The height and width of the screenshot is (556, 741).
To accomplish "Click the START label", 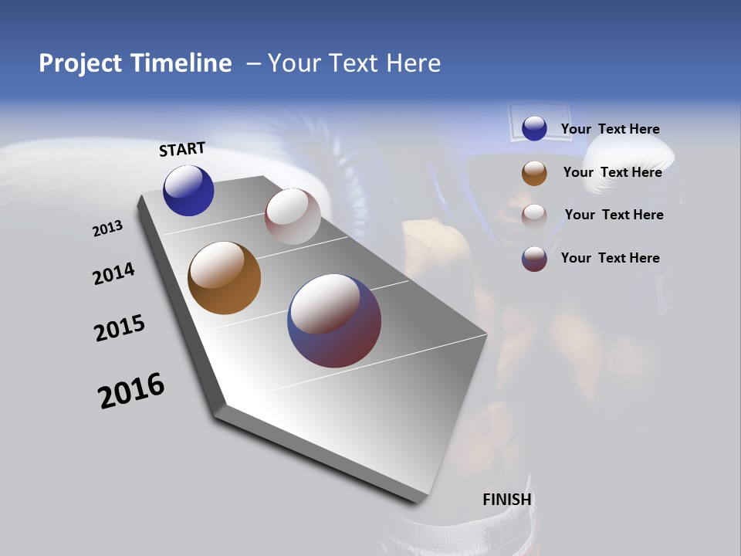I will tap(182, 149).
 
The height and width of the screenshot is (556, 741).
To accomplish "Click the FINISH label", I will tap(506, 500).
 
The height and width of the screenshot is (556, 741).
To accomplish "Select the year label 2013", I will tap(107, 229).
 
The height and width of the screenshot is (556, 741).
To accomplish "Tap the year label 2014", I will tap(113, 273).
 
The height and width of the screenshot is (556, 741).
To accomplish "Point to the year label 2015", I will tap(120, 328).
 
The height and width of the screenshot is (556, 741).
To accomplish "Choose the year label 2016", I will tap(131, 391).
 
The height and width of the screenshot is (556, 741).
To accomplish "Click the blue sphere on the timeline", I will tap(188, 190).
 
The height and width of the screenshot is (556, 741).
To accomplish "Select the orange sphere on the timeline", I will tap(224, 278).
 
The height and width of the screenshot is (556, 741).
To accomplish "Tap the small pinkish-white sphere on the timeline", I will tap(293, 216).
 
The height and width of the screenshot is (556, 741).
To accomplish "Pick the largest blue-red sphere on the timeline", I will tap(334, 320).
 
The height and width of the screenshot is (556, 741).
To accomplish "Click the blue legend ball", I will tap(534, 128).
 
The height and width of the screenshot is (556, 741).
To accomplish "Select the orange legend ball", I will tap(534, 173).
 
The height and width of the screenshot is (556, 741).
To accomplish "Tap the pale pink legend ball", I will tap(534, 215).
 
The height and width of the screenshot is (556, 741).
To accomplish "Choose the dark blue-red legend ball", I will tap(534, 259).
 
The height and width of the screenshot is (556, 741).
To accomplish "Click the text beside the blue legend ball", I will tap(610, 130).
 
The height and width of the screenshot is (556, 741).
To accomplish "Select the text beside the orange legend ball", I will tap(612, 172).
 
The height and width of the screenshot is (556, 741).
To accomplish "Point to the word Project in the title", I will tap(80, 63).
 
